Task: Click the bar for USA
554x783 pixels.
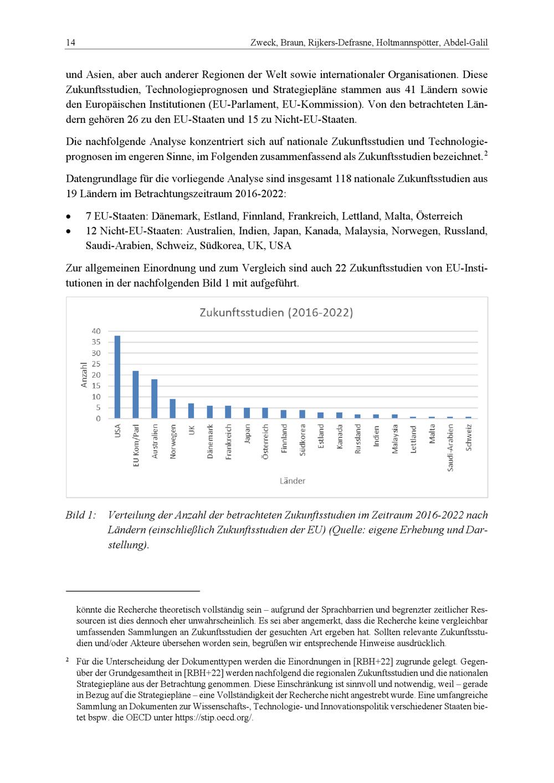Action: (117, 377)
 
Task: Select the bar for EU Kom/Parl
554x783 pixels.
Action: (136, 395)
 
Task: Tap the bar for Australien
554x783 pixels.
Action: (155, 399)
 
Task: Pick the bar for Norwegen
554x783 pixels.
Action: (173, 409)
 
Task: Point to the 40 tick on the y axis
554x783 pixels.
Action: (96, 331)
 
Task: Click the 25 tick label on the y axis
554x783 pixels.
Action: (96, 364)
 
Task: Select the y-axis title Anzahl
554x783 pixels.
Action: (84, 375)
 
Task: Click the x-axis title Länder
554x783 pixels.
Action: (292, 481)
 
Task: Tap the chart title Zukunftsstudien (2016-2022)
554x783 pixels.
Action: (276, 312)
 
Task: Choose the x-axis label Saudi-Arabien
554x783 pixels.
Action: (450, 448)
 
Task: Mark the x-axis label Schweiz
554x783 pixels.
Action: (469, 437)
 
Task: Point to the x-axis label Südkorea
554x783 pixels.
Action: (302, 440)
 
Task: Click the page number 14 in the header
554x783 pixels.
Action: (70, 43)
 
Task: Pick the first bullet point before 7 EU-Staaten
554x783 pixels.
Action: (68, 217)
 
